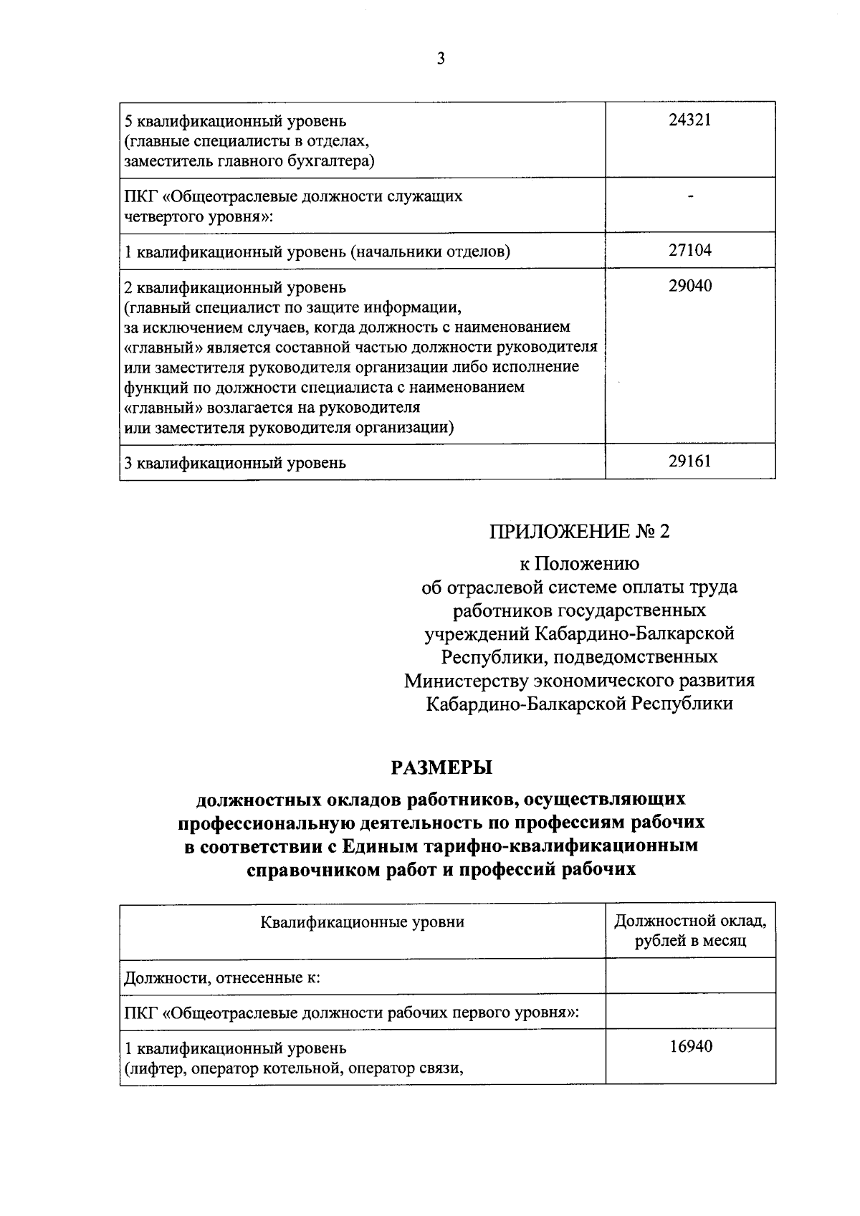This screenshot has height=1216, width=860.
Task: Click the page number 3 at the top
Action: pos(441,59)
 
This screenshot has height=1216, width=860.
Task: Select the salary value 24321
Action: pos(690,120)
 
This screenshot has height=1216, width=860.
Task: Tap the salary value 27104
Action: pos(690,250)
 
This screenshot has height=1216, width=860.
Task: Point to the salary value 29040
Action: pos(690,287)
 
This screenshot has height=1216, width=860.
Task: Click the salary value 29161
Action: pos(690,461)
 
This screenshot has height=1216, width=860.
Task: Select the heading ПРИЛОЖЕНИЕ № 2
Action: pos(579,532)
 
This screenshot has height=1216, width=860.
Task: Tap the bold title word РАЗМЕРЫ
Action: pos(441,767)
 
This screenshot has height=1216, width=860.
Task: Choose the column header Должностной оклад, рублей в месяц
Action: pos(691,930)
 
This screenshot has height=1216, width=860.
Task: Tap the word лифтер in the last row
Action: pos(149,1069)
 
